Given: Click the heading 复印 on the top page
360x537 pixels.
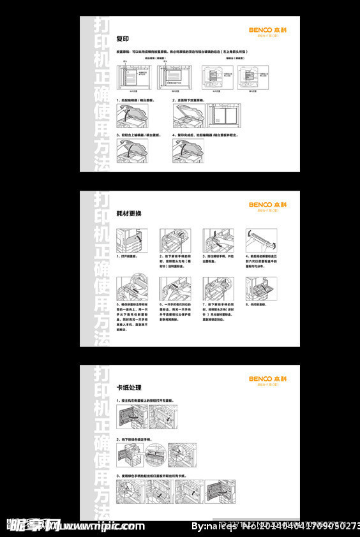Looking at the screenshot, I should [x=123, y=39].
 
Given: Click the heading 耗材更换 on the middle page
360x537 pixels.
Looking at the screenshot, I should [x=129, y=213].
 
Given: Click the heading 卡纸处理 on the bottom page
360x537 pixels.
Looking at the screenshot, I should [x=129, y=388].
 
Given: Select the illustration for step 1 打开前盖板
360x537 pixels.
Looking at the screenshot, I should [x=132, y=240].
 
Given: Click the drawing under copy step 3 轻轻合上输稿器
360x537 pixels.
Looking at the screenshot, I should [x=132, y=151].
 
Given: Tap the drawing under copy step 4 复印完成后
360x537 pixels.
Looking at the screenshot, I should [x=188, y=151].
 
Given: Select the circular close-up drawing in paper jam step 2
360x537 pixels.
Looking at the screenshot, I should [x=156, y=455].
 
